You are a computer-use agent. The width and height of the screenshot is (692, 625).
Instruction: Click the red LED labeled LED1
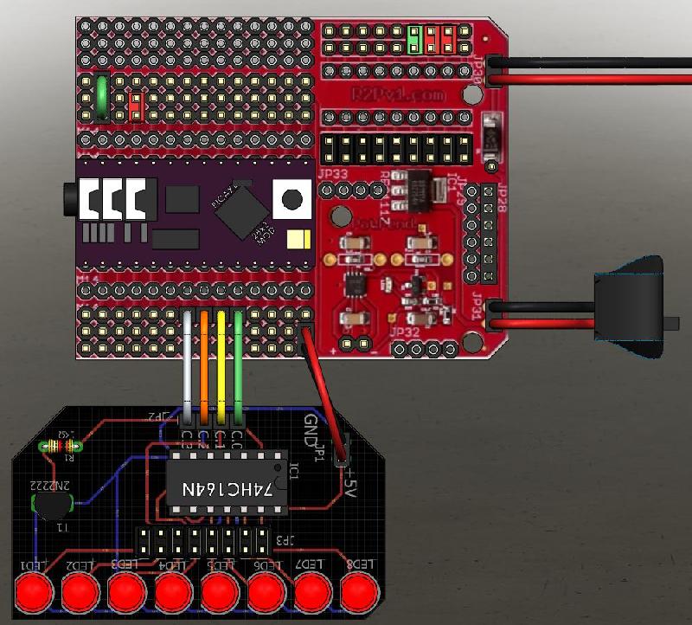click(x=34, y=593)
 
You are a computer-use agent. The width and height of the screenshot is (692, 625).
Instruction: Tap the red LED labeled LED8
click(x=360, y=593)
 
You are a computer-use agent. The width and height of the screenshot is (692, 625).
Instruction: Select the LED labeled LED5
click(x=220, y=593)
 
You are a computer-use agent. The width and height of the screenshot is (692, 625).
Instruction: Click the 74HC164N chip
click(x=227, y=488)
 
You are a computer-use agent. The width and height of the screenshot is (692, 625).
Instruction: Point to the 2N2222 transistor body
click(x=52, y=506)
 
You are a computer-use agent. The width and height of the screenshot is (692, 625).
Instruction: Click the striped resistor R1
click(x=61, y=447)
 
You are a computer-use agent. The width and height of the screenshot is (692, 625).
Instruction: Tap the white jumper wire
click(x=188, y=364)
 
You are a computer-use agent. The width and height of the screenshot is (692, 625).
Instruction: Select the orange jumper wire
click(x=204, y=364)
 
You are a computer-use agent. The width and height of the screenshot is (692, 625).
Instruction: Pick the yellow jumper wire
click(x=221, y=364)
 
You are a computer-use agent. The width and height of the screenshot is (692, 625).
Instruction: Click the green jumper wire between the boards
click(x=239, y=364)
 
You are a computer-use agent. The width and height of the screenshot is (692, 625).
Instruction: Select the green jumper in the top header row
click(x=414, y=39)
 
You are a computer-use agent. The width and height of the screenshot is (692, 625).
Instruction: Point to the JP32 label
click(x=405, y=331)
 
